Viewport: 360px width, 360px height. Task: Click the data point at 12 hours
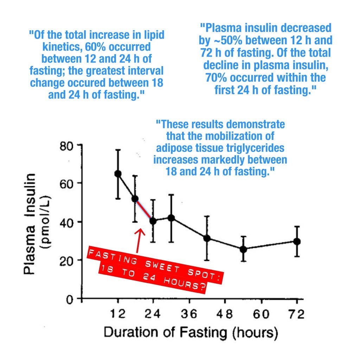(118, 174)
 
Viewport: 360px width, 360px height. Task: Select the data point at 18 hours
(135, 199)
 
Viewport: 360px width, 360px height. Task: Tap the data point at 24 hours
(153, 221)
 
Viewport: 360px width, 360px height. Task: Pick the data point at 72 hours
(297, 241)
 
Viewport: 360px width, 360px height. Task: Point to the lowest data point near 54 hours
(243, 249)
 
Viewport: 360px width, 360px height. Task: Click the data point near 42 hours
(207, 238)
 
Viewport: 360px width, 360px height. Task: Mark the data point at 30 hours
(171, 218)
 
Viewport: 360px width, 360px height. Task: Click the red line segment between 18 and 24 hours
(144, 210)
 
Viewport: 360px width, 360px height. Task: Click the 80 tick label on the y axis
(66, 145)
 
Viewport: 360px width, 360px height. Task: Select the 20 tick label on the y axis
(66, 261)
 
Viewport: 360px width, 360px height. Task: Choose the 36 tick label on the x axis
(189, 314)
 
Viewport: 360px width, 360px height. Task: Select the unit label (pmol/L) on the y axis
(45, 222)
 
